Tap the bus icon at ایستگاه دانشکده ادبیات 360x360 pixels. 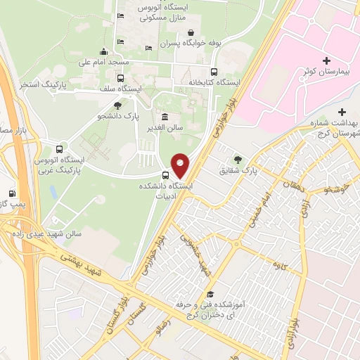coord(166,175)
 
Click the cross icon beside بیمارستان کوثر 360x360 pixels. coord(326,60)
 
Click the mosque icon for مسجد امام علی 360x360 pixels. coord(104,51)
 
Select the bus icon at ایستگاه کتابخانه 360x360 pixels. coord(214,71)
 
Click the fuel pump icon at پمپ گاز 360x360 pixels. coord(12,193)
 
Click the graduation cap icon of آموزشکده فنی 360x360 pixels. coord(210,295)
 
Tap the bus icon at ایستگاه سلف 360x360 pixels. coord(120,78)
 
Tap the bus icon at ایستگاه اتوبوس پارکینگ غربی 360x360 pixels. coord(58,149)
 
